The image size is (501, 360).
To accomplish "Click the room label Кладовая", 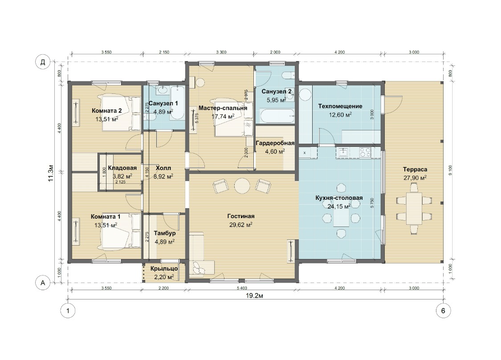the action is [x=122, y=168].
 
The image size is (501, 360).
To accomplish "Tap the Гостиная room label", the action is [x=241, y=216].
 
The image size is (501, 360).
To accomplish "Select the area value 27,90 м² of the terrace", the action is [x=415, y=178].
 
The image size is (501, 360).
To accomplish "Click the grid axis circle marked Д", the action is [x=42, y=62].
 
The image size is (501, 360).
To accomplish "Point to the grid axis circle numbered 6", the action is [x=443, y=311].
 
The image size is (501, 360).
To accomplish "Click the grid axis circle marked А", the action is [x=42, y=283].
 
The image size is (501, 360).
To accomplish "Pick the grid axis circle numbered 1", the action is [x=68, y=311].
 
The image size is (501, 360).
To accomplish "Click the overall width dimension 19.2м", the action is [x=254, y=295].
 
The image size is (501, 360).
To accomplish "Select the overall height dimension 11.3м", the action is [x=50, y=174].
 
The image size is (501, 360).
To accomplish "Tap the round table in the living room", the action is [x=242, y=186].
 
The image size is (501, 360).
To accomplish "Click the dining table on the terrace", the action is [x=414, y=208].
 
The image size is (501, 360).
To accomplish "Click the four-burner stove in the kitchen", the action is [x=365, y=152].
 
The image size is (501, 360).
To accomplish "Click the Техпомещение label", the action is [x=340, y=106].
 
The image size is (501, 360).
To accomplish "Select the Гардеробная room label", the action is [x=275, y=143].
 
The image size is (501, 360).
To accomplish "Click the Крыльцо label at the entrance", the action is [x=164, y=269].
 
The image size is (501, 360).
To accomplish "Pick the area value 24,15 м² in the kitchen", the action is [x=339, y=206].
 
